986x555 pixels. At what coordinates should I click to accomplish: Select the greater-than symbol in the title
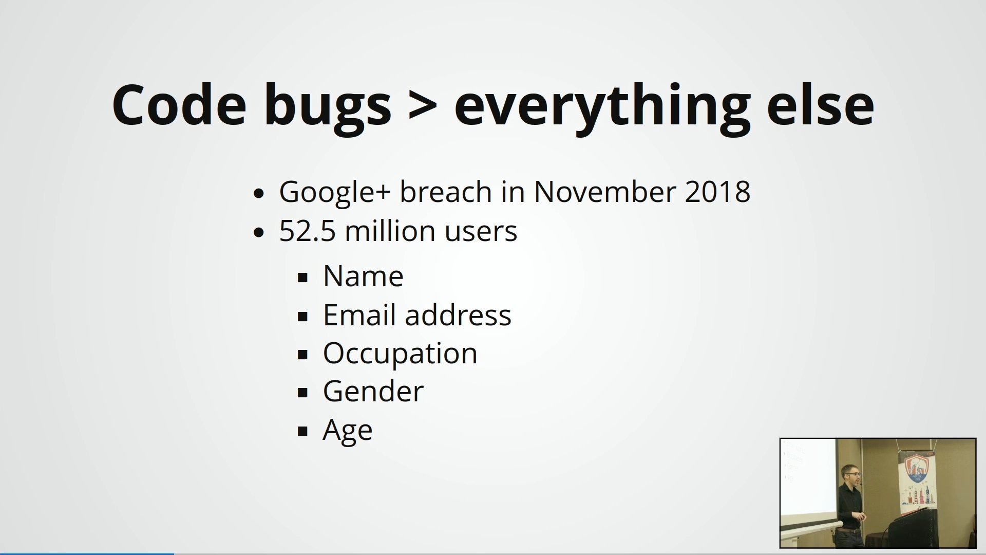(423, 106)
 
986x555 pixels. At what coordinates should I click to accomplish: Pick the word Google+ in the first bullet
(335, 192)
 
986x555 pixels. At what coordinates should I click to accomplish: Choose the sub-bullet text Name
(363, 276)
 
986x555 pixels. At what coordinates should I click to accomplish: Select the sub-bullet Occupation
(400, 354)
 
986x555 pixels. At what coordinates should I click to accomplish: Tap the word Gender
(373, 392)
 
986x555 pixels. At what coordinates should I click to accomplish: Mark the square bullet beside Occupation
(302, 355)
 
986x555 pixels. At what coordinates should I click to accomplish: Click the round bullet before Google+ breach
(259, 194)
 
